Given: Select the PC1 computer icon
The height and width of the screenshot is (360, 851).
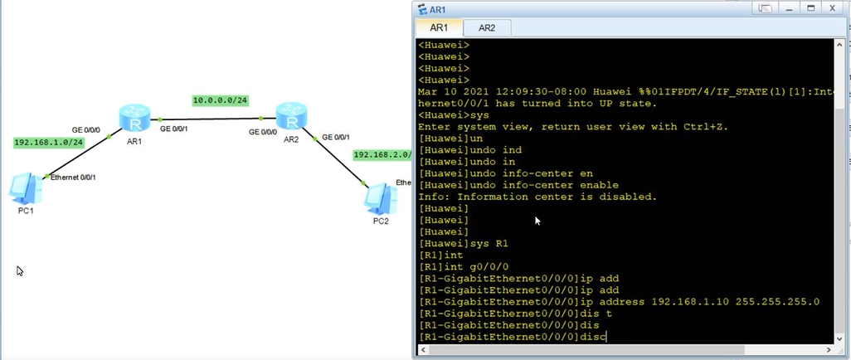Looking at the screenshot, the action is pos(25,188).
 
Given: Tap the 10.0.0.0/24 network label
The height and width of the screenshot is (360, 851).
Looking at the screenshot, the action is pos(221,100).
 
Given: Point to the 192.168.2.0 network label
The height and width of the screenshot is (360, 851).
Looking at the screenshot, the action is pos(382,154).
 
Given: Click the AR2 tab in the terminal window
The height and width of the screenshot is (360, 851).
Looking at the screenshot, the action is pos(487,28).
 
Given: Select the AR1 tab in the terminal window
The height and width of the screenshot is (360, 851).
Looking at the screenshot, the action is pos(440,28).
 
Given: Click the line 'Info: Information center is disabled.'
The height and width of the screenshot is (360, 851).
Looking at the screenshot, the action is pos(537,197).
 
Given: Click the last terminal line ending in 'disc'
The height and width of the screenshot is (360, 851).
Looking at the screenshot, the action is pos(513,336).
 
